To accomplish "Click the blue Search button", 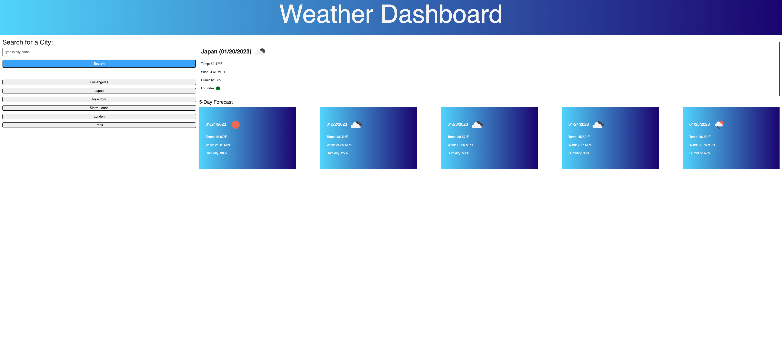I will pos(99,64).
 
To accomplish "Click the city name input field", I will pos(99,52).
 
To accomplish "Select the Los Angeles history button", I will pos(99,82).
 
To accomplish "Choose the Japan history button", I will pos(99,91).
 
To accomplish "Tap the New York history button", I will pos(99,99).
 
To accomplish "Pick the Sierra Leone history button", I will pos(99,108).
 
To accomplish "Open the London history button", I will pos(99,117).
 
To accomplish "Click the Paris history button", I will pos(99,125).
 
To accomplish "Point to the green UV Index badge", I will pos(218,88).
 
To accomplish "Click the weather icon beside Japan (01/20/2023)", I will pos(260,52).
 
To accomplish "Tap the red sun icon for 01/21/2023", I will pos(235,125).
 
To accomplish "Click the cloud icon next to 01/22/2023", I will pos(356,125).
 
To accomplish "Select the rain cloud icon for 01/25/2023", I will pos(719,125).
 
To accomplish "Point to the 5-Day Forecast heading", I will pos(216,102).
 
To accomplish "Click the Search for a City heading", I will pos(28,42).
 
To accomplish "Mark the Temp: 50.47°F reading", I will pos(212,64).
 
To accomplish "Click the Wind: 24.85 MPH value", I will pos(339,145).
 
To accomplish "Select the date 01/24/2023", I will pos(578,124).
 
